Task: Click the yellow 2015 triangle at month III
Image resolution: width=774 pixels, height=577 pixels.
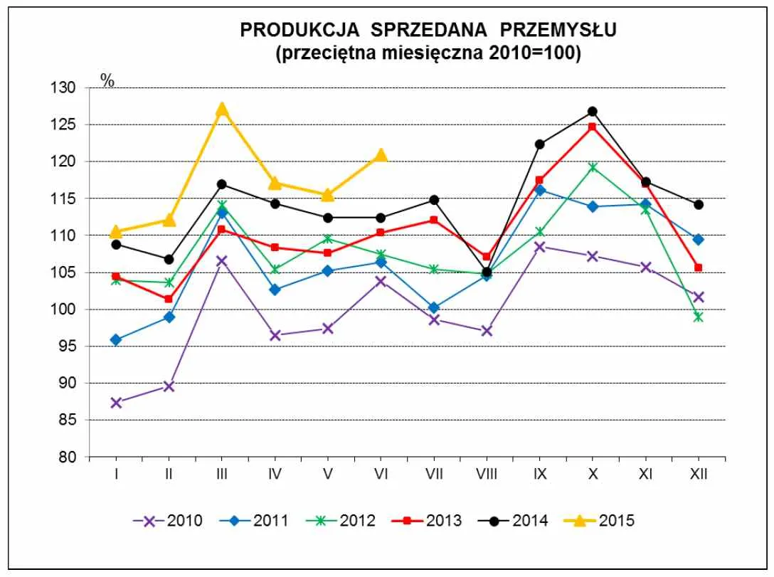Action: point(221,109)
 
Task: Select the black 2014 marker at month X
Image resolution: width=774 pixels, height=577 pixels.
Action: point(592,112)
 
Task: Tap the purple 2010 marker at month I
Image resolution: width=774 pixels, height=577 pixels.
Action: point(116,403)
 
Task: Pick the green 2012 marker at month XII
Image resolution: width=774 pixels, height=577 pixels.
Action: point(698,317)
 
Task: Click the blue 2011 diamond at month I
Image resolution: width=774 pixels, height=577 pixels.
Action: point(116,340)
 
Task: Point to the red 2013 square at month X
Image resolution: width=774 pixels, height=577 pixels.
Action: point(592,127)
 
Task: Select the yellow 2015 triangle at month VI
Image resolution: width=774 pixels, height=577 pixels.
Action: point(381,155)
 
